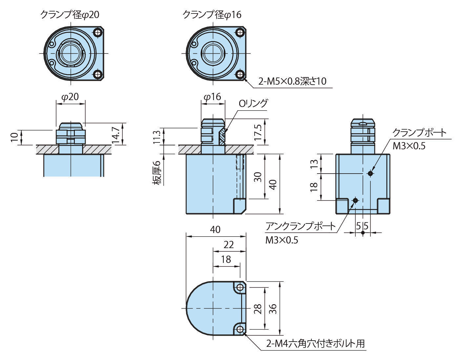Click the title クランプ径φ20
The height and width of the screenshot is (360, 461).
[x=69, y=15]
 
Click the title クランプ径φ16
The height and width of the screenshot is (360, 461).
[x=212, y=15]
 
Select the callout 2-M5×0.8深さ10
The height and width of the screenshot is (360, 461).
[x=292, y=81]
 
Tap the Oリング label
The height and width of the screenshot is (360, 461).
[x=253, y=103]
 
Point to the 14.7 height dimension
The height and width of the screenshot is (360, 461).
[x=115, y=134]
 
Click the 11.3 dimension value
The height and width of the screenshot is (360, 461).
[x=157, y=137]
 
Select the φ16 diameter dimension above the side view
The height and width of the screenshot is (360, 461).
[x=212, y=97]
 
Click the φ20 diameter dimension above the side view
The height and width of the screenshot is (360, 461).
[x=70, y=97]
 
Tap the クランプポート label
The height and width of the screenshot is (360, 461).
[x=419, y=133]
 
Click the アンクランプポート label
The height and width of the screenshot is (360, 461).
[x=301, y=226]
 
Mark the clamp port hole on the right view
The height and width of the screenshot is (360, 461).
[x=370, y=173]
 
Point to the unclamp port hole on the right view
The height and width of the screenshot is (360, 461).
[x=355, y=200]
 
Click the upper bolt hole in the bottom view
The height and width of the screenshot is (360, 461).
[x=240, y=287]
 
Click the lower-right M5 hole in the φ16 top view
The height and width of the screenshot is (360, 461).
[x=240, y=74]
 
